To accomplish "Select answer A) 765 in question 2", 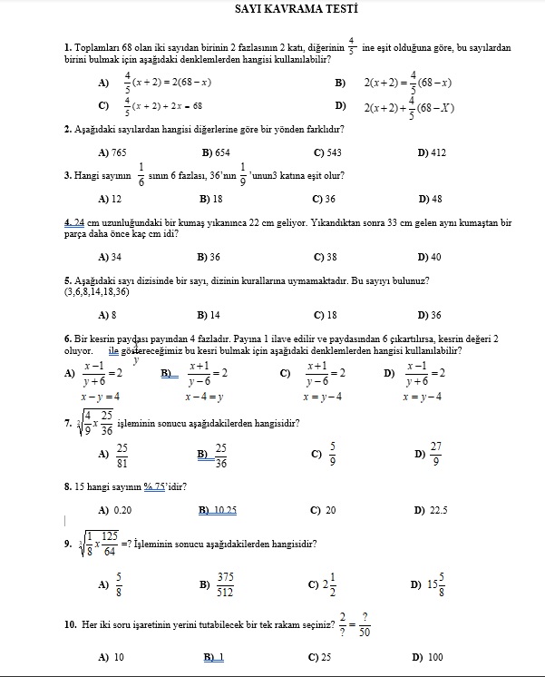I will [112, 152].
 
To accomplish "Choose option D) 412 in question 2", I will [432, 152].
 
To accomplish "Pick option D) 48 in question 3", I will [430, 198].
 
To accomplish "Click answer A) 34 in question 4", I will [110, 257].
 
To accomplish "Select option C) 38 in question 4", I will [325, 257].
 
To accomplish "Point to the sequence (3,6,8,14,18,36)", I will [97, 292].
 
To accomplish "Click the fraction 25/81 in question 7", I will [122, 455].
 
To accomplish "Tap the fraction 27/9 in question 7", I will [436, 455].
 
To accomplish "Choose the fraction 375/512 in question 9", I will [226, 584].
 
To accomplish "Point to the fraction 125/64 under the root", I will [110, 544].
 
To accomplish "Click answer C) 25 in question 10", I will [319, 657].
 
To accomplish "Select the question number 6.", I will [68, 338].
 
